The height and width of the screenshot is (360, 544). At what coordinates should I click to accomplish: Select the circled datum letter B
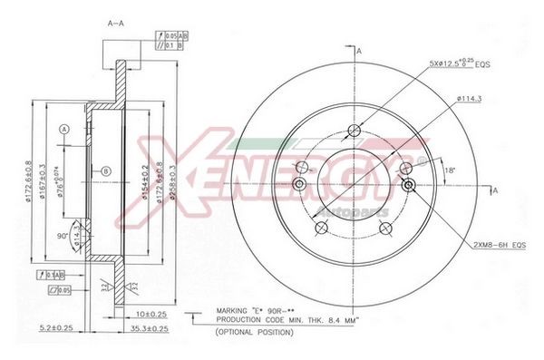tap(106, 170)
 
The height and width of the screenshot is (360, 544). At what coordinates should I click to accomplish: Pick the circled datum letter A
tap(64, 130)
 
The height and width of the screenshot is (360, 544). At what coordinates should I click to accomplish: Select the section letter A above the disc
tap(359, 51)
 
